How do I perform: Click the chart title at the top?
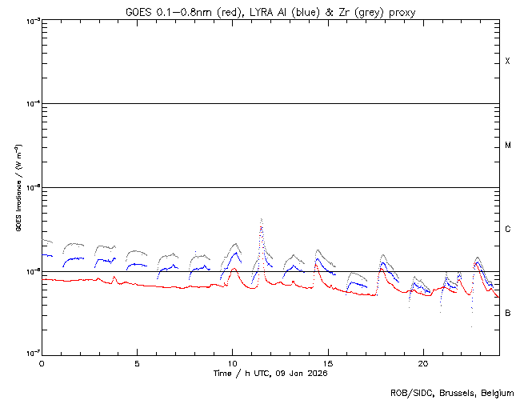(270, 11)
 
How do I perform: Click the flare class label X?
(507, 62)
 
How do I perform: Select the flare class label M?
(507, 146)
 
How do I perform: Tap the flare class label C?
(507, 230)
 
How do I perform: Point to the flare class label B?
(507, 313)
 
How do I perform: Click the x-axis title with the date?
(270, 373)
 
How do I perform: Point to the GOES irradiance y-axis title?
(17, 187)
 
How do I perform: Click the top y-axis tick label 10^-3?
(30, 20)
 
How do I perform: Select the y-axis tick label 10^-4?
(30, 104)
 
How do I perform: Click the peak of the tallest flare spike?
(262, 218)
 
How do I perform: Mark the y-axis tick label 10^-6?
(30, 271)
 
